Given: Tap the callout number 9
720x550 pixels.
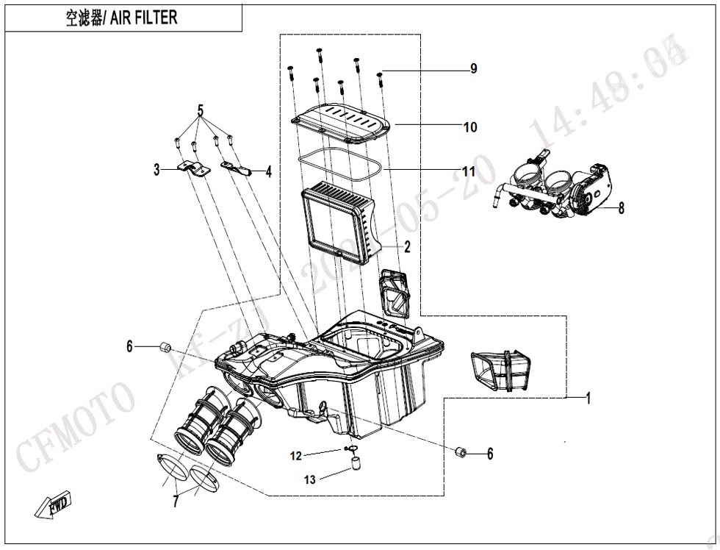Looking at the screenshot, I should (x=474, y=68).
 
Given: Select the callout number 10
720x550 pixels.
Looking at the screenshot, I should (x=470, y=126).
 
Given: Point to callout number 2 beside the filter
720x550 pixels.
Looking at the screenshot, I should (x=406, y=246).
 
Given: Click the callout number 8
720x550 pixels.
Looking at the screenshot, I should (x=621, y=208).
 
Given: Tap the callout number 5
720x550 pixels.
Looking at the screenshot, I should (x=200, y=112).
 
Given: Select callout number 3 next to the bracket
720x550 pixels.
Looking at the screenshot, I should (x=156, y=170).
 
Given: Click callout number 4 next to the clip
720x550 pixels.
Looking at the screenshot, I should (x=269, y=172).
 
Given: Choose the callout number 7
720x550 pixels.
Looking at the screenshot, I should (x=176, y=502).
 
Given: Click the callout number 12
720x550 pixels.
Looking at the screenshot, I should (x=295, y=456).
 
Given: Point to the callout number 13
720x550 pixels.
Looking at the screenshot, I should (x=310, y=479).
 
